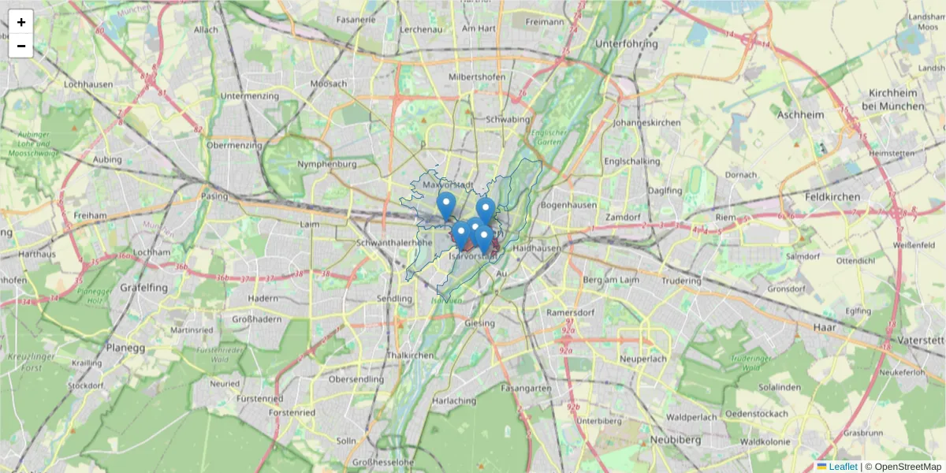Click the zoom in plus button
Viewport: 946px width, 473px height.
pyautogui.click(x=20, y=22)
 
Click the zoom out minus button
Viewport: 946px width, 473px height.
pyautogui.click(x=20, y=46)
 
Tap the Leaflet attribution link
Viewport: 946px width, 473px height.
pyautogui.click(x=843, y=466)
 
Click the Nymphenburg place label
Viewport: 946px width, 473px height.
pyautogui.click(x=327, y=164)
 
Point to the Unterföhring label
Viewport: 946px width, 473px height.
pyautogui.click(x=627, y=44)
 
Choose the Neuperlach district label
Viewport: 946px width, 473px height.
pyautogui.click(x=644, y=359)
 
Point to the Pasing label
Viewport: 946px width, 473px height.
pyautogui.click(x=214, y=196)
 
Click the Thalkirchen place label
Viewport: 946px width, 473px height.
pyautogui.click(x=410, y=356)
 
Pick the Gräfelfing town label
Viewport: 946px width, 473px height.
pyautogui.click(x=143, y=288)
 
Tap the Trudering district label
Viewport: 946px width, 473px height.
pyautogui.click(x=681, y=281)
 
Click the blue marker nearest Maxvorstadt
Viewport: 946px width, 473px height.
pyautogui.click(x=446, y=206)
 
